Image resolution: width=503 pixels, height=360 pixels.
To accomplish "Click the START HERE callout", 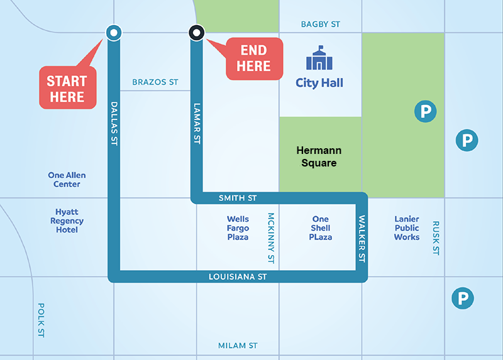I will click(x=67, y=89).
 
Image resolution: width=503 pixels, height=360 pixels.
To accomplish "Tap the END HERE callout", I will click(x=254, y=58).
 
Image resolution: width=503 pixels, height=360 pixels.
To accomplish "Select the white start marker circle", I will click(x=113, y=32).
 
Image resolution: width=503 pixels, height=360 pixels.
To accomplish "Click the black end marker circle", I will click(x=197, y=32).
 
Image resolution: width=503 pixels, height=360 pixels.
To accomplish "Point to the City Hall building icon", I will click(x=319, y=58).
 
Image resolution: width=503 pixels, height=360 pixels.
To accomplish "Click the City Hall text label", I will click(x=319, y=83).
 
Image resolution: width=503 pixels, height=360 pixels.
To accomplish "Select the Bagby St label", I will click(x=320, y=24).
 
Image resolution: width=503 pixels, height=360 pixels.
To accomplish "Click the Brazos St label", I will click(x=155, y=82).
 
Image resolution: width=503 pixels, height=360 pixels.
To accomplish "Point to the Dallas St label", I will click(x=114, y=123).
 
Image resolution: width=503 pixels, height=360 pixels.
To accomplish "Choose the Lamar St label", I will click(x=197, y=124).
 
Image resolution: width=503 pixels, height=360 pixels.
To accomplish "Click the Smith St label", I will click(x=238, y=198).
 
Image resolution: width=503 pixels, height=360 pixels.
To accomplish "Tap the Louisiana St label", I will click(x=238, y=276).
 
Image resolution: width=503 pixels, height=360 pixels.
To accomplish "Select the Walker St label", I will click(x=362, y=239).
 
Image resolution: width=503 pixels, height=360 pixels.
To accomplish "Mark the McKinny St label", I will click(x=271, y=237).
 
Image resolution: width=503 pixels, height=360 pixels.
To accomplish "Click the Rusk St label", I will click(x=435, y=237).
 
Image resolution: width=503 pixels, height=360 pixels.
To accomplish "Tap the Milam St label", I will click(x=238, y=346).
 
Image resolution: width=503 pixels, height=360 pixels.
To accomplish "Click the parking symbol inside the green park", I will click(x=425, y=112).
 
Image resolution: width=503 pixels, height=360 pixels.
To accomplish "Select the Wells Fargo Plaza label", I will click(x=238, y=228).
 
